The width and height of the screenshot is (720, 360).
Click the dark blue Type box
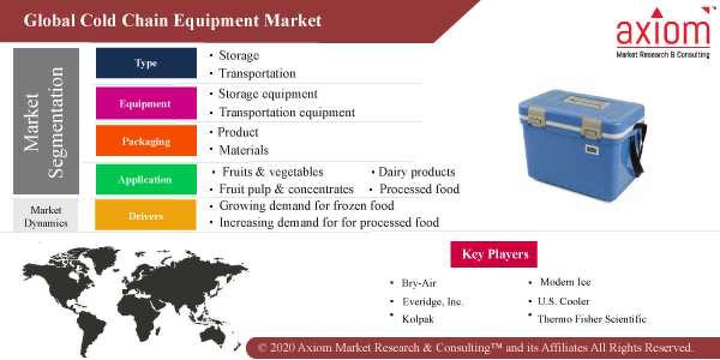coord(146,63)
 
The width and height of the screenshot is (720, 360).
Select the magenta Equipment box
coord(146,103)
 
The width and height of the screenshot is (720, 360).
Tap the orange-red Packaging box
coord(146,141)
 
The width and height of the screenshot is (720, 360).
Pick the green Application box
coord(146,179)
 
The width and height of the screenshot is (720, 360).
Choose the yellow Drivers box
coord(146,215)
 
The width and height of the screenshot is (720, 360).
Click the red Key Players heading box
coord(494,254)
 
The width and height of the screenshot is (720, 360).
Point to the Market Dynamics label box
coord(46,217)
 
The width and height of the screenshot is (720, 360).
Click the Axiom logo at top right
coord(662,33)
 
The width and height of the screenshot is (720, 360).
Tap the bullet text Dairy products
coord(416,172)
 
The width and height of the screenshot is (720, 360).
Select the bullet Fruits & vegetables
coord(272,172)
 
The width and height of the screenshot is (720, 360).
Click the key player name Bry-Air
coord(419,283)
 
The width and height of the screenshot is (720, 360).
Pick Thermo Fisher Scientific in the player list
coord(592,319)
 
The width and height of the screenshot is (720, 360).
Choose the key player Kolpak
coord(418,319)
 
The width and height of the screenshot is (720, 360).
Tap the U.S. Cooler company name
coord(563,301)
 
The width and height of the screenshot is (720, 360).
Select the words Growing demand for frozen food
coord(306,206)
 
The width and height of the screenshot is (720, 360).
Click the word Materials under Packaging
coord(243,150)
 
